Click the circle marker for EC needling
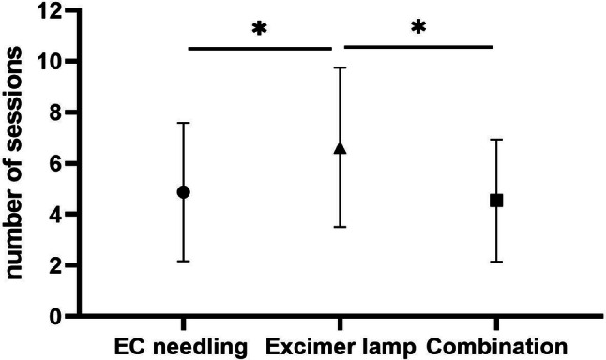(184, 191)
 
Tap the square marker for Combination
(496, 200)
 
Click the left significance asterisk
(260, 28)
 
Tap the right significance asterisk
(418, 28)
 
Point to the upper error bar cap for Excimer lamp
(340, 68)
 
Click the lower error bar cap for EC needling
(184, 262)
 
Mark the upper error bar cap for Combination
(496, 140)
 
